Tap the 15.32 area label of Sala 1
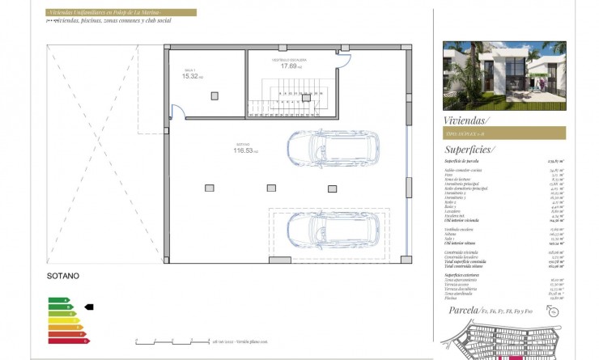(x=192, y=76)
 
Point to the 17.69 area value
(x=290, y=66)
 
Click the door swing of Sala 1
(x=181, y=113)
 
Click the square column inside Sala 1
(x=215, y=95)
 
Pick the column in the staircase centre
(x=306, y=97)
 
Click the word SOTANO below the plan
(x=64, y=276)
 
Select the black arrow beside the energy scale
(x=89, y=307)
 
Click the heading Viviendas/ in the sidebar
(x=468, y=120)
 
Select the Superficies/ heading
(x=470, y=150)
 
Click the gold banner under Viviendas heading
(x=504, y=133)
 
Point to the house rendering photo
(x=504, y=76)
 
